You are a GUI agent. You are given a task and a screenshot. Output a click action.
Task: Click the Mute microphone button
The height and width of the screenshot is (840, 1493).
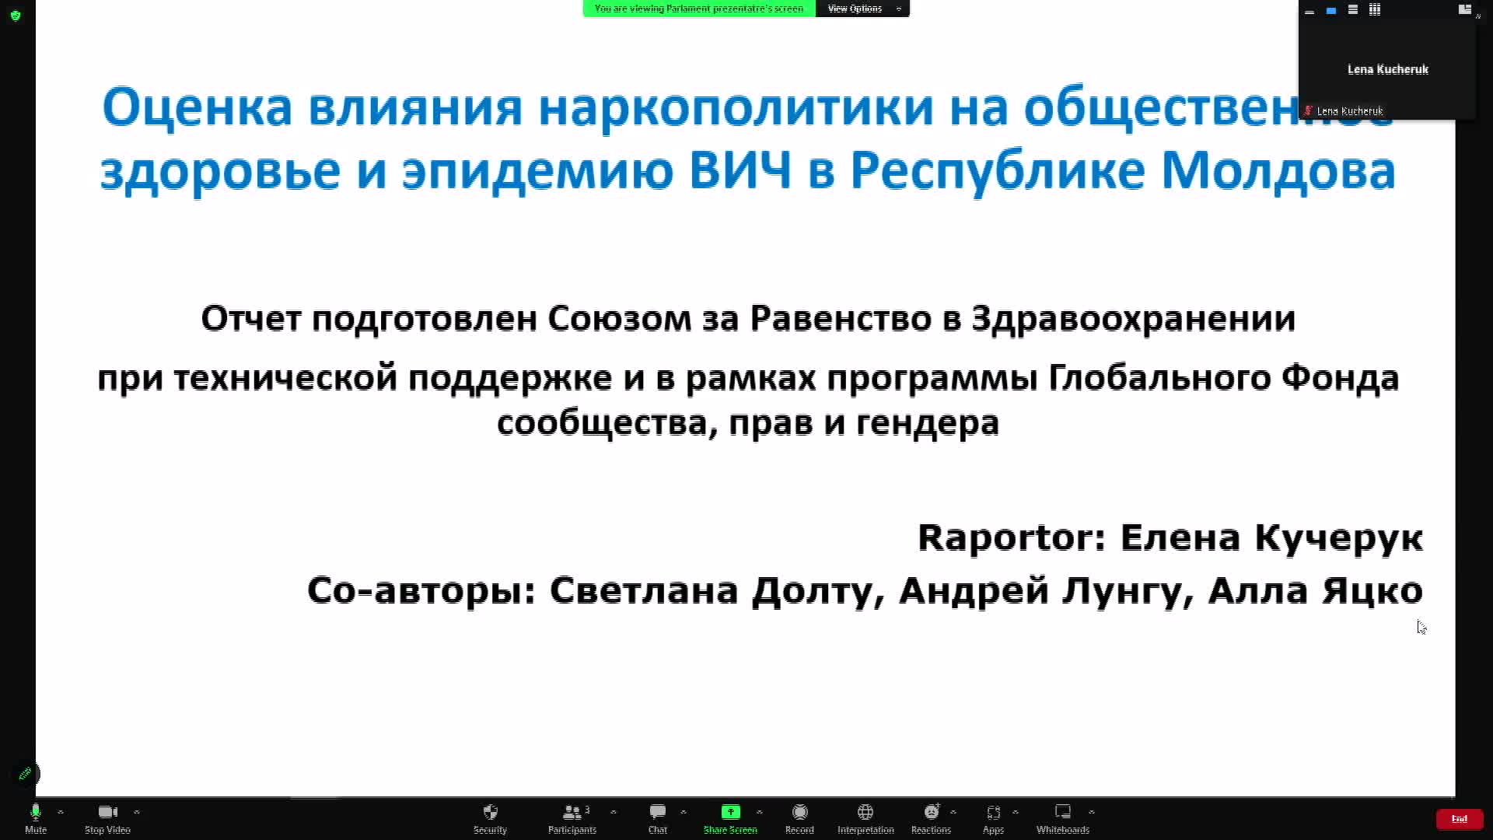[36, 818]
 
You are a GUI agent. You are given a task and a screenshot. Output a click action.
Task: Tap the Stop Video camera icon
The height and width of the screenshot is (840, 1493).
[107, 812]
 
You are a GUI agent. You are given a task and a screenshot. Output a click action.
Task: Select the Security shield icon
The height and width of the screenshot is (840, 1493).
[490, 812]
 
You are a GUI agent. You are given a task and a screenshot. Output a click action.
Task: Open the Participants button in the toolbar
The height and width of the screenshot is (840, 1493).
[572, 818]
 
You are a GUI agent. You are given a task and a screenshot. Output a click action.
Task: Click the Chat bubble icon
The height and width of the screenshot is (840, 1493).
[658, 812]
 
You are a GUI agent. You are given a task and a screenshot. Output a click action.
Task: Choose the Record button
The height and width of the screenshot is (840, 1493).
[799, 818]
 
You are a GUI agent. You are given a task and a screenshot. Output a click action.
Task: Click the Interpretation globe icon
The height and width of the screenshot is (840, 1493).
[865, 812]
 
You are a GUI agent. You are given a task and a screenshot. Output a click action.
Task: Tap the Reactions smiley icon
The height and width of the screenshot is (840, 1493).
[932, 812]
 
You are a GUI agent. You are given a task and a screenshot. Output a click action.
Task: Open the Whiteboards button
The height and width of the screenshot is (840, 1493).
[1063, 818]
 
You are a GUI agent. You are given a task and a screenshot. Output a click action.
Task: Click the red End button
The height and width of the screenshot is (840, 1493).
[1460, 818]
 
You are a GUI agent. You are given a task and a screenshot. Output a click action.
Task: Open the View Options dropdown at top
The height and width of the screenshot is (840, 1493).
[862, 9]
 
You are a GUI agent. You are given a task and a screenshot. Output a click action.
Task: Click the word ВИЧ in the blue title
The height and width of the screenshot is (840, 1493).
[740, 170]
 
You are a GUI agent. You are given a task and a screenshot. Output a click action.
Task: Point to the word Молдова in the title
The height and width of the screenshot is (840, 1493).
[1278, 170]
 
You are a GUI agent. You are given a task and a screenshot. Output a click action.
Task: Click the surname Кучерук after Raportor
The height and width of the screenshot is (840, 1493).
[1339, 538]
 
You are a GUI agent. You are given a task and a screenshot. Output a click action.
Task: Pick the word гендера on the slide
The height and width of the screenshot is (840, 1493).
[928, 423]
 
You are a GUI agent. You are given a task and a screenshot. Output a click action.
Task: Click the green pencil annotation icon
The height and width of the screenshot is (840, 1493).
[26, 774]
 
